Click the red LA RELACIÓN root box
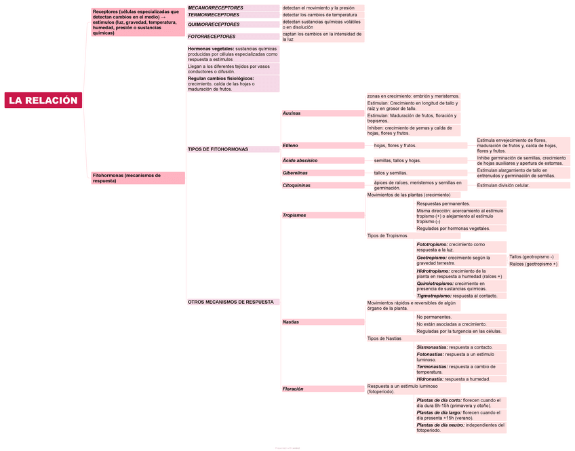tap(43, 100)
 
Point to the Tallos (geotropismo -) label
tap(532, 257)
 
